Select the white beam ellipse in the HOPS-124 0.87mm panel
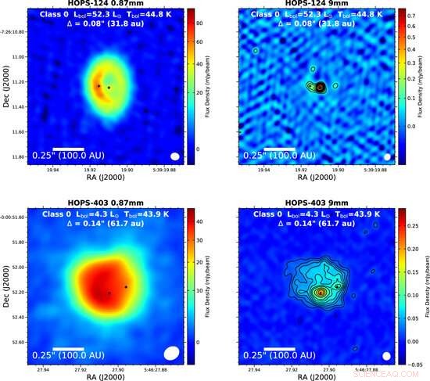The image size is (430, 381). point(175,156)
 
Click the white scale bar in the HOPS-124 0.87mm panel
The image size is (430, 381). point(68,148)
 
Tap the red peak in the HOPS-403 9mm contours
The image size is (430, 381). point(319,293)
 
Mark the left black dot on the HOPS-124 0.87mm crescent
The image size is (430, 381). point(99,85)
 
